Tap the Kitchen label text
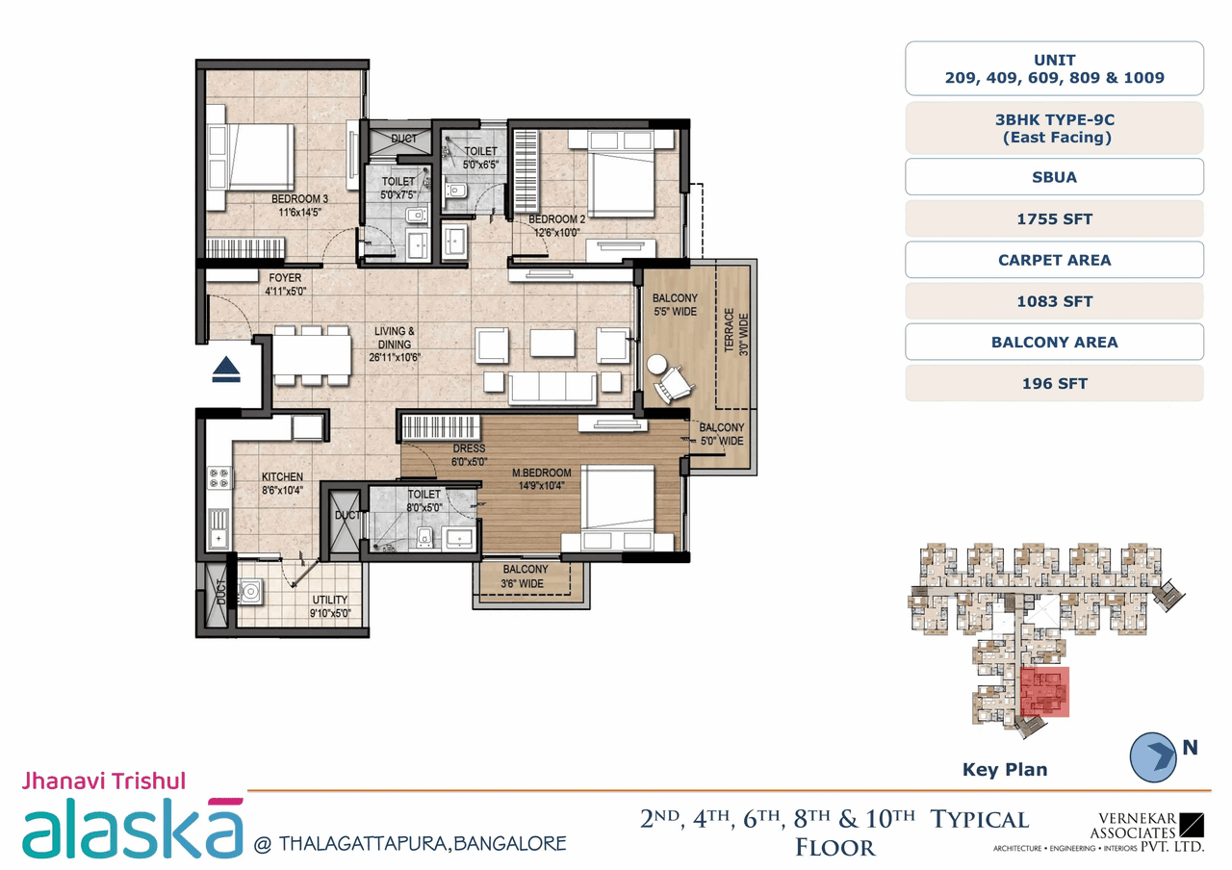coord(282,477)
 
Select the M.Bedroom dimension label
coord(543,486)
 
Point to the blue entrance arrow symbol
coord(226,370)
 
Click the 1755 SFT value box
coord(1054,219)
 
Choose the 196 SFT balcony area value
coord(1054,383)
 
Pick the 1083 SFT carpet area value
coord(1054,301)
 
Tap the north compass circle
coord(1153,755)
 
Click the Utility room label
coord(329,601)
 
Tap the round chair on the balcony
coord(658,366)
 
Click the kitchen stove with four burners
coord(219,476)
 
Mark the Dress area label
coord(469,448)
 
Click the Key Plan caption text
coord(1005,769)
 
